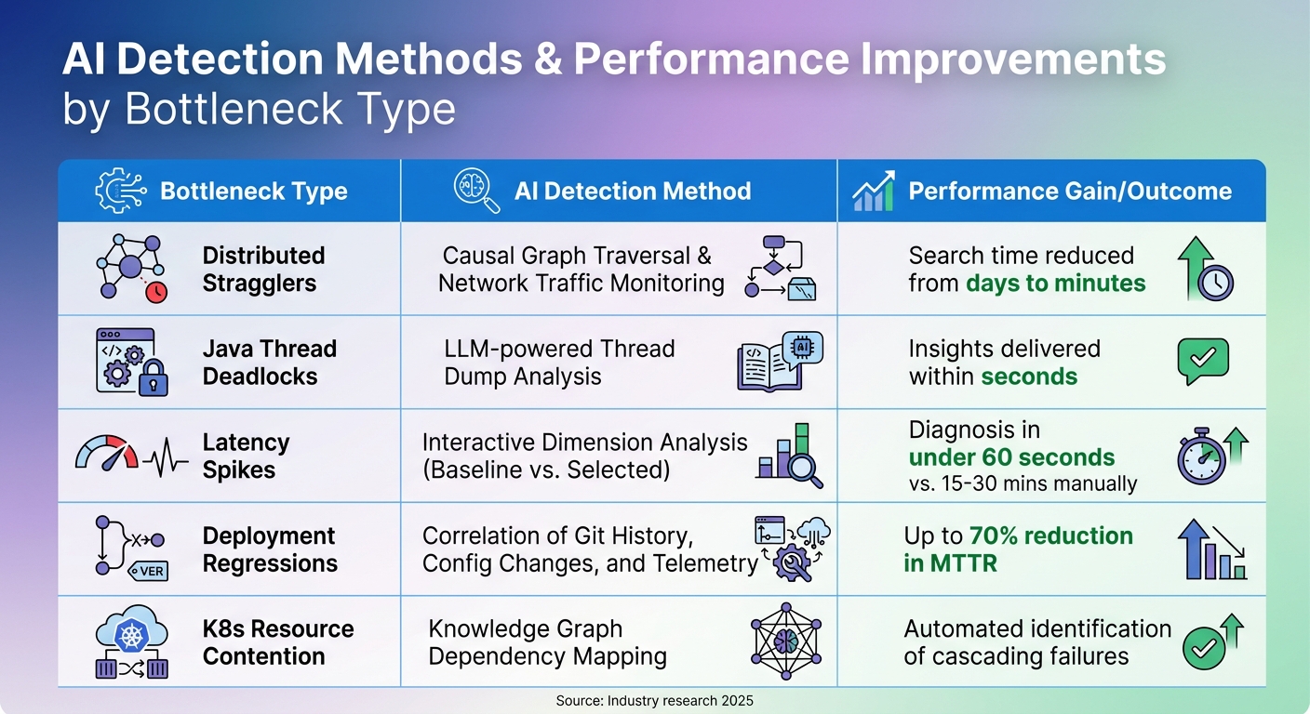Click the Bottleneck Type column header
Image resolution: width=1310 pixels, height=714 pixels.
pyautogui.click(x=253, y=192)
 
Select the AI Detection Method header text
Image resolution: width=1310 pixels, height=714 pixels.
pyautogui.click(x=632, y=192)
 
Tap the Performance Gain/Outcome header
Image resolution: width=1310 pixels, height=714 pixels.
pyautogui.click(x=1069, y=192)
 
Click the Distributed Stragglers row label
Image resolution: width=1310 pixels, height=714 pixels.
pyautogui.click(x=263, y=270)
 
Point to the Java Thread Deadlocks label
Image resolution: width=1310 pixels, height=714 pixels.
pyautogui.click(x=269, y=363)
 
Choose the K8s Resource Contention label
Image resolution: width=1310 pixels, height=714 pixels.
pyautogui.click(x=277, y=642)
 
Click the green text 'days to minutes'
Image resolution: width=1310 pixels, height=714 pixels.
pyautogui.click(x=1055, y=284)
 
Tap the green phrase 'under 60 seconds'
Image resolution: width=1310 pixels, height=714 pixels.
pyautogui.click(x=1011, y=457)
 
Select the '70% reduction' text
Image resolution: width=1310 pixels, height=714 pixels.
pyautogui.click(x=1051, y=536)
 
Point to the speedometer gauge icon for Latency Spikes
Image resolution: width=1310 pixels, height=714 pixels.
pyautogui.click(x=106, y=453)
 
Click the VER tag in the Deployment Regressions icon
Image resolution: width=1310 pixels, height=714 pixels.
pyautogui.click(x=150, y=571)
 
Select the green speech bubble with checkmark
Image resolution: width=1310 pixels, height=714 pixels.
pyautogui.click(x=1202, y=360)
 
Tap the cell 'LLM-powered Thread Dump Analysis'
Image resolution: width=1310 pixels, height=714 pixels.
pyautogui.click(x=559, y=363)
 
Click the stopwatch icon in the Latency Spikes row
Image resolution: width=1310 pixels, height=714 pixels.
pyautogui.click(x=1200, y=459)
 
